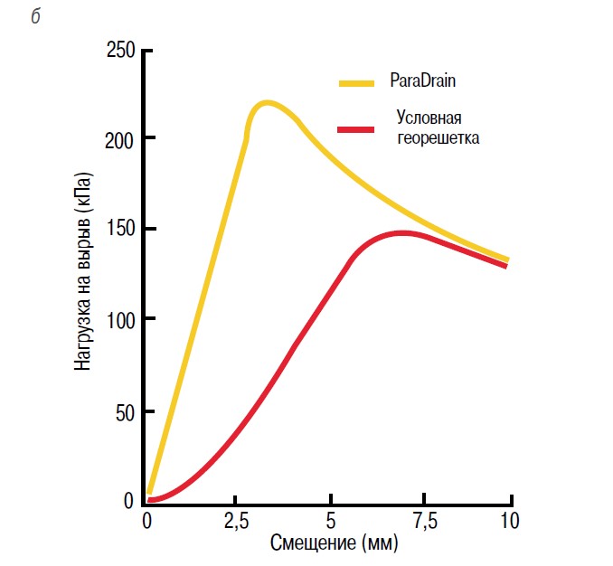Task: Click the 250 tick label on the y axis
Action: (x=120, y=51)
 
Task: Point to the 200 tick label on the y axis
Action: (x=120, y=139)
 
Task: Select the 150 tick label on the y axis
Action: (x=120, y=229)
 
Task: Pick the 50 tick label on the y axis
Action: (x=124, y=412)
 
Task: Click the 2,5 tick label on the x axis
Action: (x=236, y=523)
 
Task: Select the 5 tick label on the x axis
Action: (x=331, y=523)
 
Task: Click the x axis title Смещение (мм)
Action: (x=334, y=545)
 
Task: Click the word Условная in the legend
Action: (x=429, y=118)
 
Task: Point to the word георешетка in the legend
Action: (x=439, y=138)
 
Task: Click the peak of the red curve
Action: (x=403, y=233)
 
